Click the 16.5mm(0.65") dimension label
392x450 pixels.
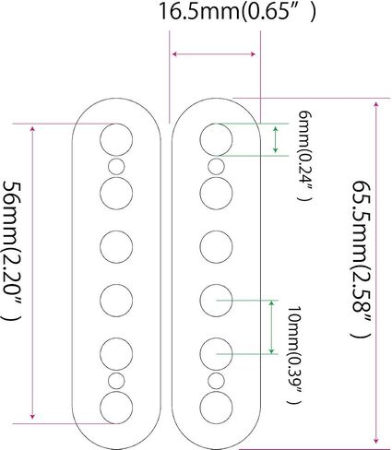(237, 11)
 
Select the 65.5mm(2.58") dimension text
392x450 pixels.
(362, 259)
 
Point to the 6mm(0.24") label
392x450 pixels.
(305, 156)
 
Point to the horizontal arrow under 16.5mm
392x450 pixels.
(214, 54)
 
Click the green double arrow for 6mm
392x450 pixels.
(276, 139)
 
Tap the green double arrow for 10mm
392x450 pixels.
(271, 327)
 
